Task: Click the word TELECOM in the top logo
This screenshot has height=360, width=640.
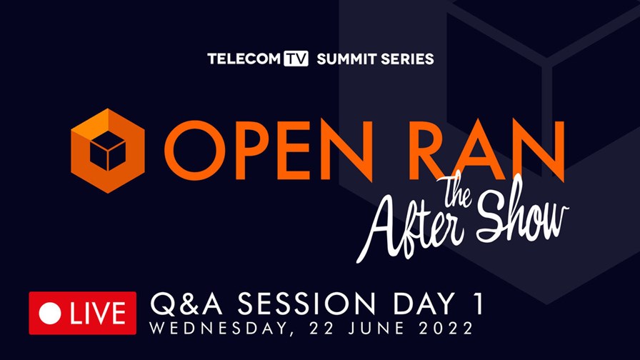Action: tap(244, 59)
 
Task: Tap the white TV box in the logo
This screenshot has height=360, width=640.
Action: tap(296, 59)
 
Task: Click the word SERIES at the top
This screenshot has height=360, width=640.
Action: tap(407, 59)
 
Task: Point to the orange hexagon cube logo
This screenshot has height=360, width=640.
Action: tap(108, 151)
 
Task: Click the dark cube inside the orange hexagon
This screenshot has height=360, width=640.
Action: tap(108, 151)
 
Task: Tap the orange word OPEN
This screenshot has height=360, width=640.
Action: tap(269, 151)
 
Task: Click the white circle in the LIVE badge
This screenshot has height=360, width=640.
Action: tap(50, 314)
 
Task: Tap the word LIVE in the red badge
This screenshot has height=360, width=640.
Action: tap(98, 314)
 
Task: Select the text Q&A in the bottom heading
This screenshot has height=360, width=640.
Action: tap(186, 304)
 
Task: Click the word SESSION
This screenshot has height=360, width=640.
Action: tap(306, 304)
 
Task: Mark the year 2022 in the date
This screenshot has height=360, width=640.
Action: tap(446, 328)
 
